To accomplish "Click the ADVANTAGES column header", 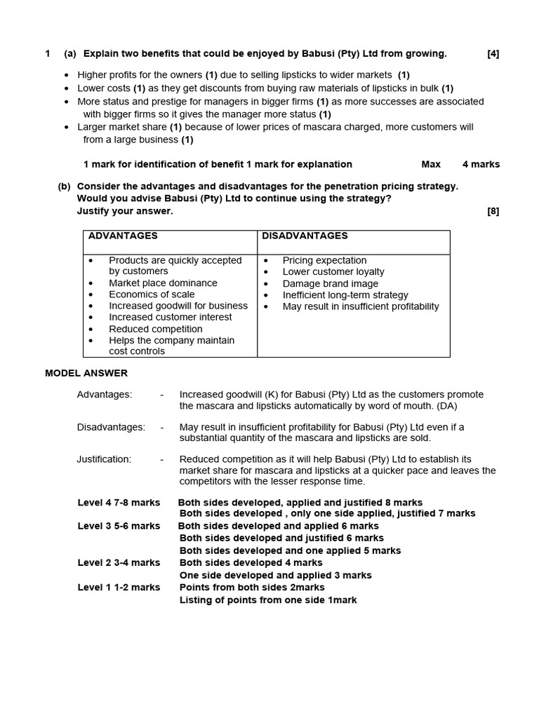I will coord(123,236).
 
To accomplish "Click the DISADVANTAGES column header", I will coord(305,236).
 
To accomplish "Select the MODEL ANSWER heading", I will coord(86,373).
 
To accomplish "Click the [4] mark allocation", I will coord(493,54).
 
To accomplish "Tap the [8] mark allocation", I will coord(493,211).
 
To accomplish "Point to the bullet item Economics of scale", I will coord(152,294).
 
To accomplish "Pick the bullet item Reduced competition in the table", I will coord(155,329).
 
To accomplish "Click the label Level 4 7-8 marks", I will coord(119,503).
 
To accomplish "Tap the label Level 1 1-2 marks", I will coord(119,588).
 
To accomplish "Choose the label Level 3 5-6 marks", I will coord(119,526).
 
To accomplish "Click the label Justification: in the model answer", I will coord(104,459).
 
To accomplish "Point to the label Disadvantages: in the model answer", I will coord(111,427).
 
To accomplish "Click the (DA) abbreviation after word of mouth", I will coord(446,406).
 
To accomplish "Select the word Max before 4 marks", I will coord(431,164).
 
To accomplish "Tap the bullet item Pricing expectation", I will coord(324,260).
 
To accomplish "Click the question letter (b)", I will coord(65,187).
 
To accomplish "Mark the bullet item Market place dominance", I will coord(163,283).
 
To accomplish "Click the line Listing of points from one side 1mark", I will coord(268,600).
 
